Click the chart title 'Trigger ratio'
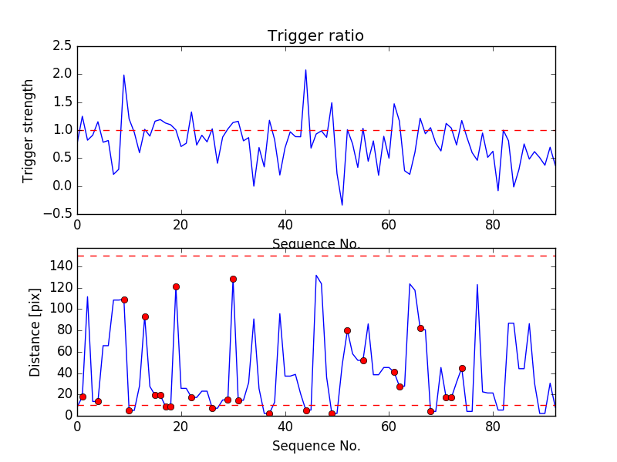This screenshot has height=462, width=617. [x=315, y=36]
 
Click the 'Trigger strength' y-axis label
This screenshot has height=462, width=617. [x=29, y=130]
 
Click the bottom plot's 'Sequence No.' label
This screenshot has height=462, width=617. [x=315, y=446]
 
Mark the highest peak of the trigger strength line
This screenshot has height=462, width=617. [x=305, y=70]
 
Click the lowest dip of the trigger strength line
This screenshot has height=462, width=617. [x=342, y=205]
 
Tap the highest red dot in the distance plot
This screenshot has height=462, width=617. [x=233, y=280]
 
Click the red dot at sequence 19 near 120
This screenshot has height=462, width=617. [x=176, y=286]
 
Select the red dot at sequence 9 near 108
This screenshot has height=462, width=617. [x=124, y=300]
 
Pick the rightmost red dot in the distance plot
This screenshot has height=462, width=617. [x=462, y=368]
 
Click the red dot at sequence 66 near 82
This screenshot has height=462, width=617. [x=420, y=328]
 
